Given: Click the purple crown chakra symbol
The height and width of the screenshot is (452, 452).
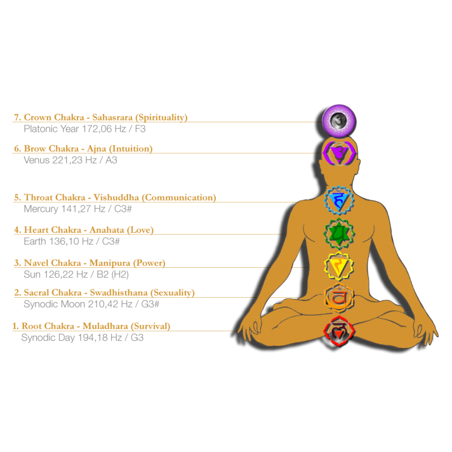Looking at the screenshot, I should pos(338,120).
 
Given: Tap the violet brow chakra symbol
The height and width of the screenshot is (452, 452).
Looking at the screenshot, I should pos(338,152).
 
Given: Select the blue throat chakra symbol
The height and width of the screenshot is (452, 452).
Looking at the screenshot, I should pos(339,199).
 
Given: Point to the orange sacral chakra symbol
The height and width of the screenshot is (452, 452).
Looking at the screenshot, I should pos(338,296).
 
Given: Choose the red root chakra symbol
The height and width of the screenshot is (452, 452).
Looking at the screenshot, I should pos(338,332).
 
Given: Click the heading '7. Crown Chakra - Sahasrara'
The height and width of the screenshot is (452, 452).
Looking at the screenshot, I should pos(100,118).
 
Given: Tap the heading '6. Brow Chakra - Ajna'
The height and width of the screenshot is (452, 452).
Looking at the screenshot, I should pos(83,149).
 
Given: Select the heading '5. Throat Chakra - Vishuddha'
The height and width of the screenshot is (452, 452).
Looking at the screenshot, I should pos(115,198).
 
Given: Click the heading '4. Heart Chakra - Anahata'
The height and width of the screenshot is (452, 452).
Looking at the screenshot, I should pos(84,230).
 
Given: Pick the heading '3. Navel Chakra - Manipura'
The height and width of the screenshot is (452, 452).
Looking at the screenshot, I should pos(89,263).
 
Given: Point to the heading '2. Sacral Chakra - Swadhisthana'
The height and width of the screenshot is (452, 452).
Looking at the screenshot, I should pos(104,293).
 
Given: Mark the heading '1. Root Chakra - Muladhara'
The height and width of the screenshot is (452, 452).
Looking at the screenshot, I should pos(92,327).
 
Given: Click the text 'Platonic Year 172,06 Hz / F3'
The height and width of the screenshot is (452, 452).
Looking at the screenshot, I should pos(85,128).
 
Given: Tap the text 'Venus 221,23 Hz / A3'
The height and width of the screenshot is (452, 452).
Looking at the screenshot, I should pos(71,160).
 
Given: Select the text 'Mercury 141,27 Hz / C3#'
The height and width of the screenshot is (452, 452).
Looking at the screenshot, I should pos(78,208).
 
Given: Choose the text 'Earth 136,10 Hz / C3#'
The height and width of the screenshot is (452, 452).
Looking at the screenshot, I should pos(72,241).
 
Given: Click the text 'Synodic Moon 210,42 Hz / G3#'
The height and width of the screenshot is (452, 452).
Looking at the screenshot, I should pos(92,304).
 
